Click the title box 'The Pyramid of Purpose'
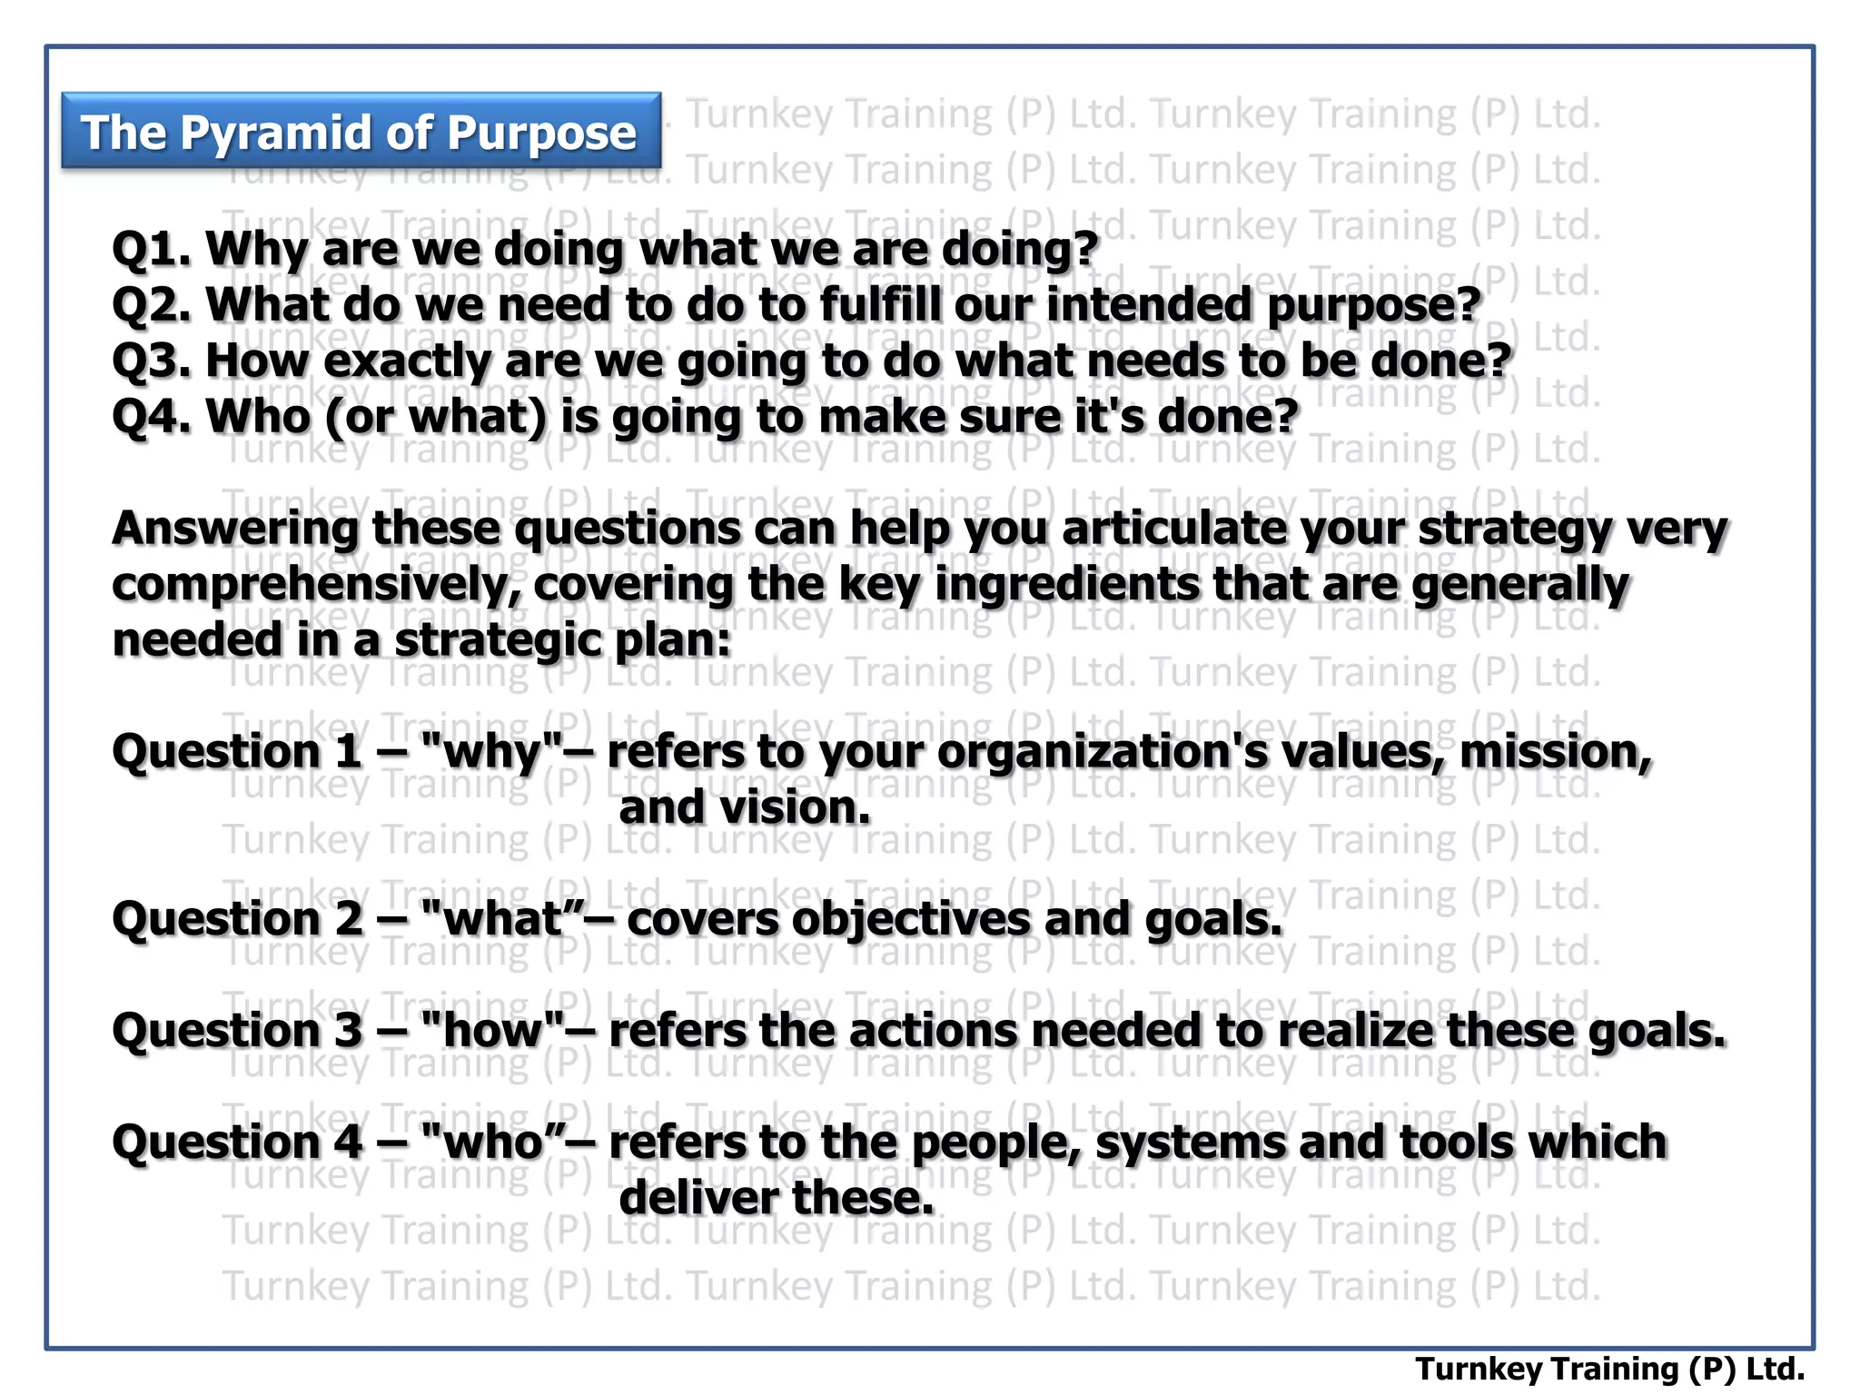point(361,132)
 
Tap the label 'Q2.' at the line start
point(151,304)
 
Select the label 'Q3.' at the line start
point(151,361)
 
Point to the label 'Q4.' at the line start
point(151,417)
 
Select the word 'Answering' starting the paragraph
point(235,529)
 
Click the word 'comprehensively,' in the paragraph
point(316,586)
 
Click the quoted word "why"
point(493,753)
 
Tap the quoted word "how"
point(494,1031)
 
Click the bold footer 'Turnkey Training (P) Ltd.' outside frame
point(1609,1369)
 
